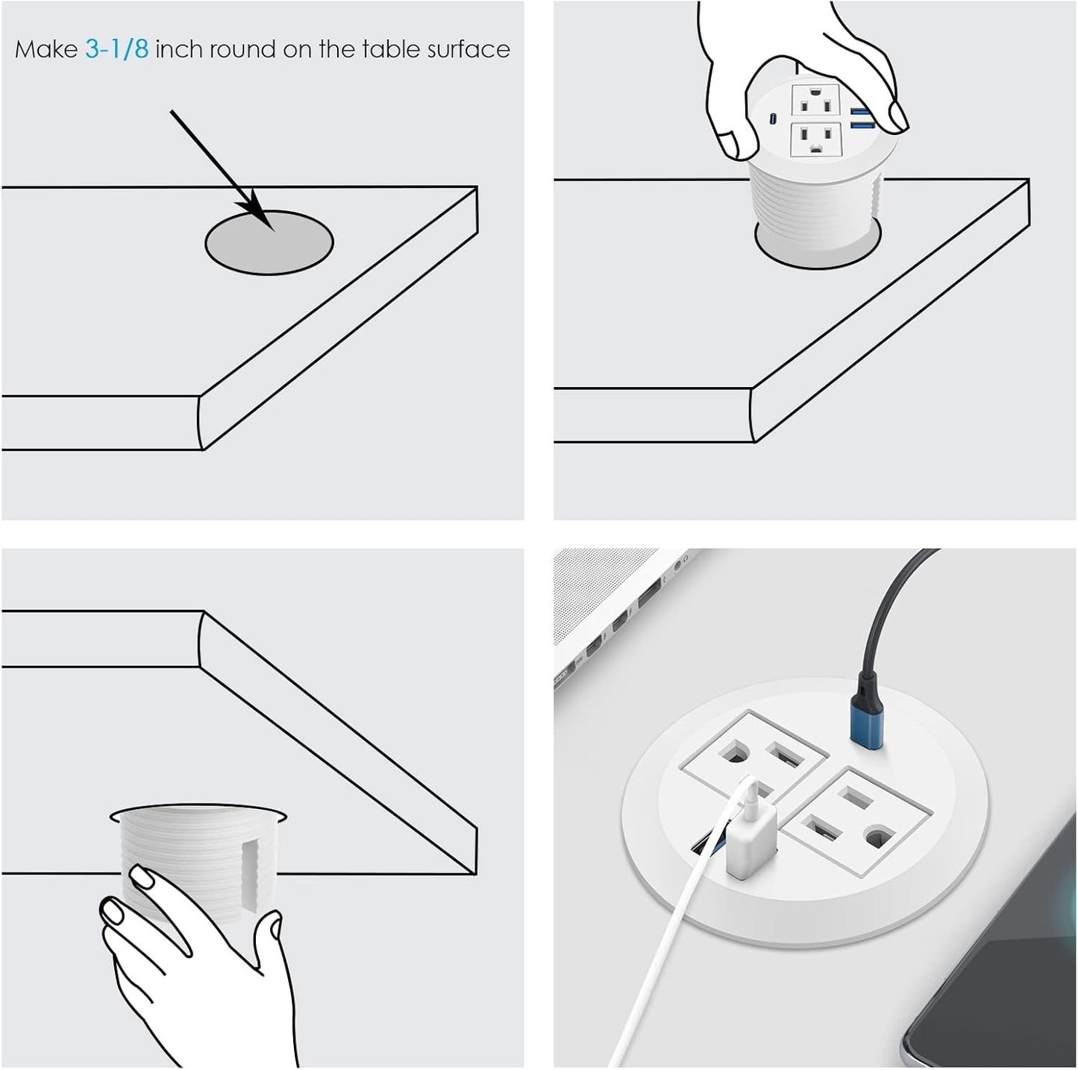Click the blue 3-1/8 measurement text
coord(116,49)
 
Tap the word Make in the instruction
coord(46,49)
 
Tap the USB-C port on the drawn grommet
coord(774,118)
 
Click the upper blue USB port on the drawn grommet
coord(862,112)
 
